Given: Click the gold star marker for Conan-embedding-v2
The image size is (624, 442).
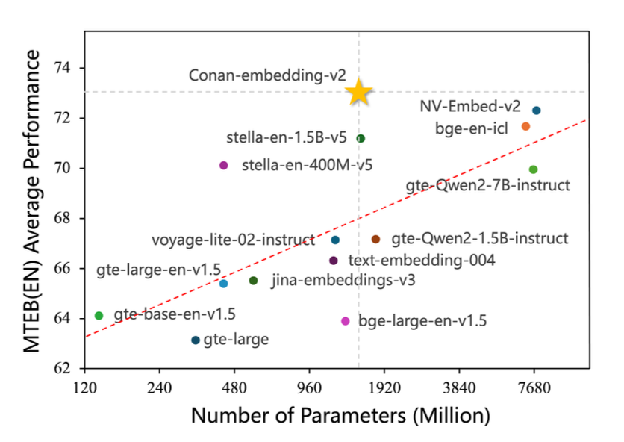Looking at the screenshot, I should (359, 92).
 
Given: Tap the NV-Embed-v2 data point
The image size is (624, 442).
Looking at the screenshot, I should (536, 110).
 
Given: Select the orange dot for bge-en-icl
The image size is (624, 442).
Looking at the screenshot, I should (525, 127).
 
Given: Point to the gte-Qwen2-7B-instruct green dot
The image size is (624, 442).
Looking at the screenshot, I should (533, 169).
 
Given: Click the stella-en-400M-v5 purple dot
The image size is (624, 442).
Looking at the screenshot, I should (224, 165).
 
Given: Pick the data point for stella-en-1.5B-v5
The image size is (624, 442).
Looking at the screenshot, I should (361, 138).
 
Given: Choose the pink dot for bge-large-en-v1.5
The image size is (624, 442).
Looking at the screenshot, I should (346, 321).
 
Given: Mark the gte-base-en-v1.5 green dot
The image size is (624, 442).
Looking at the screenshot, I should (99, 316).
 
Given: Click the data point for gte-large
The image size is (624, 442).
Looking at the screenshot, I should (196, 340).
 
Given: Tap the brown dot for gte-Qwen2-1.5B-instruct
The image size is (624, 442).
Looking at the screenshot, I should (375, 239).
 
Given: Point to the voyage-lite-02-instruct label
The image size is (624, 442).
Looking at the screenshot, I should (233, 240).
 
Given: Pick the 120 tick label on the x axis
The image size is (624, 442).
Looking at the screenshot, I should (84, 388).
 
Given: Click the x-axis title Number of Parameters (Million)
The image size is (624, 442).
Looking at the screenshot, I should (340, 415).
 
